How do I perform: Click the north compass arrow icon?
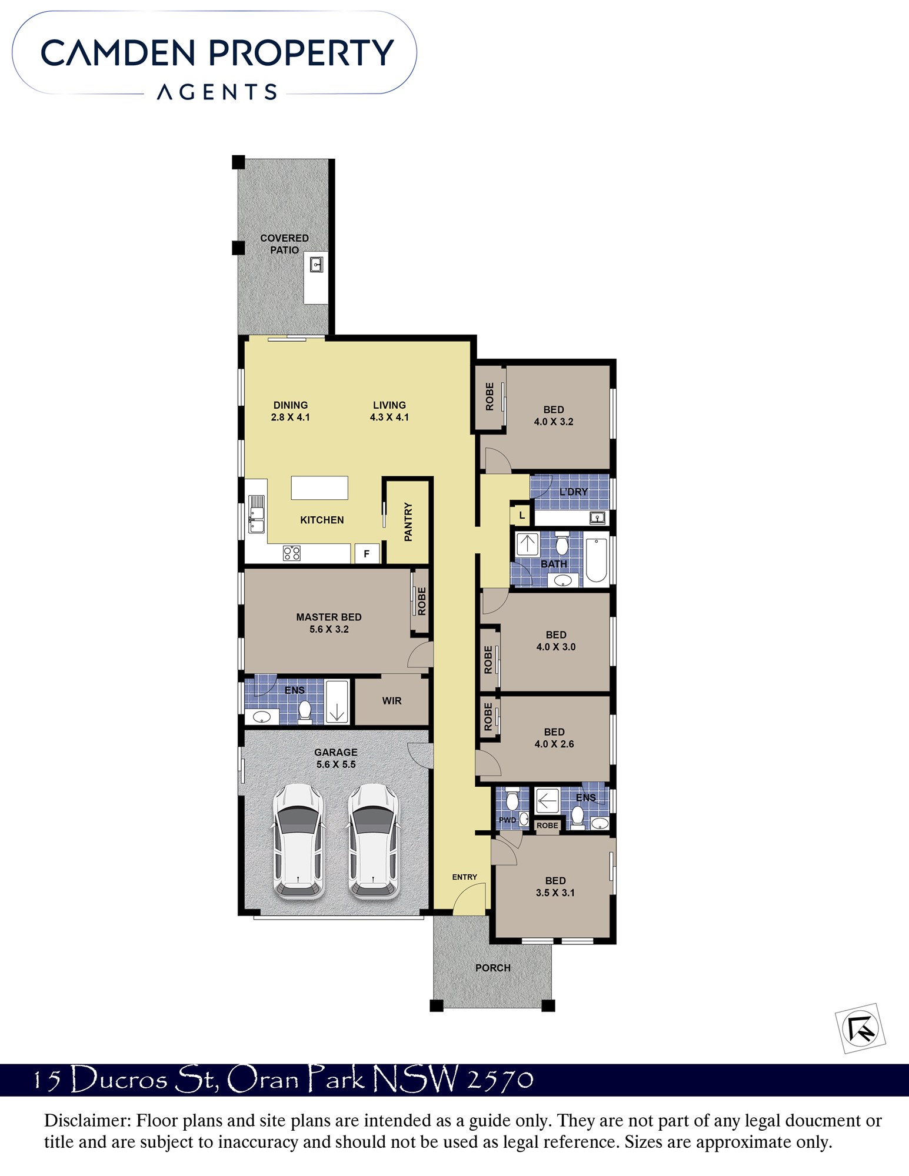pos(860,1028)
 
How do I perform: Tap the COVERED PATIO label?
pos(284,244)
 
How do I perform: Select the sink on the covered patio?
pos(317,264)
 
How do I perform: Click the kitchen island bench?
pos(319,488)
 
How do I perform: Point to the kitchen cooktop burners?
pos(292,553)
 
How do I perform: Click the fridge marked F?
pos(367,554)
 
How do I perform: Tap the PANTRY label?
pos(408,522)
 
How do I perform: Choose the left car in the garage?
pos(299,841)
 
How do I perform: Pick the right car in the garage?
pos(373,841)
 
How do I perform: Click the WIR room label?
pos(392,701)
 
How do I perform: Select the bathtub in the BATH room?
pos(596,560)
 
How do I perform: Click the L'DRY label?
pos(573,492)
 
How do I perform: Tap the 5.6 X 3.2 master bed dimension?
pos(329,629)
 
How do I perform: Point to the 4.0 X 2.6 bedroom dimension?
pos(554,744)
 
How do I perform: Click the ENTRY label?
pos(465,877)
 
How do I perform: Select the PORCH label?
pos(493,968)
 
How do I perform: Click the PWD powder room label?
pos(507,820)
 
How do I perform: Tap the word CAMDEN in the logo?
pos(118,53)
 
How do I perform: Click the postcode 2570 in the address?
pos(500,1080)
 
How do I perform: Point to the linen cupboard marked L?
pos(521,516)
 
